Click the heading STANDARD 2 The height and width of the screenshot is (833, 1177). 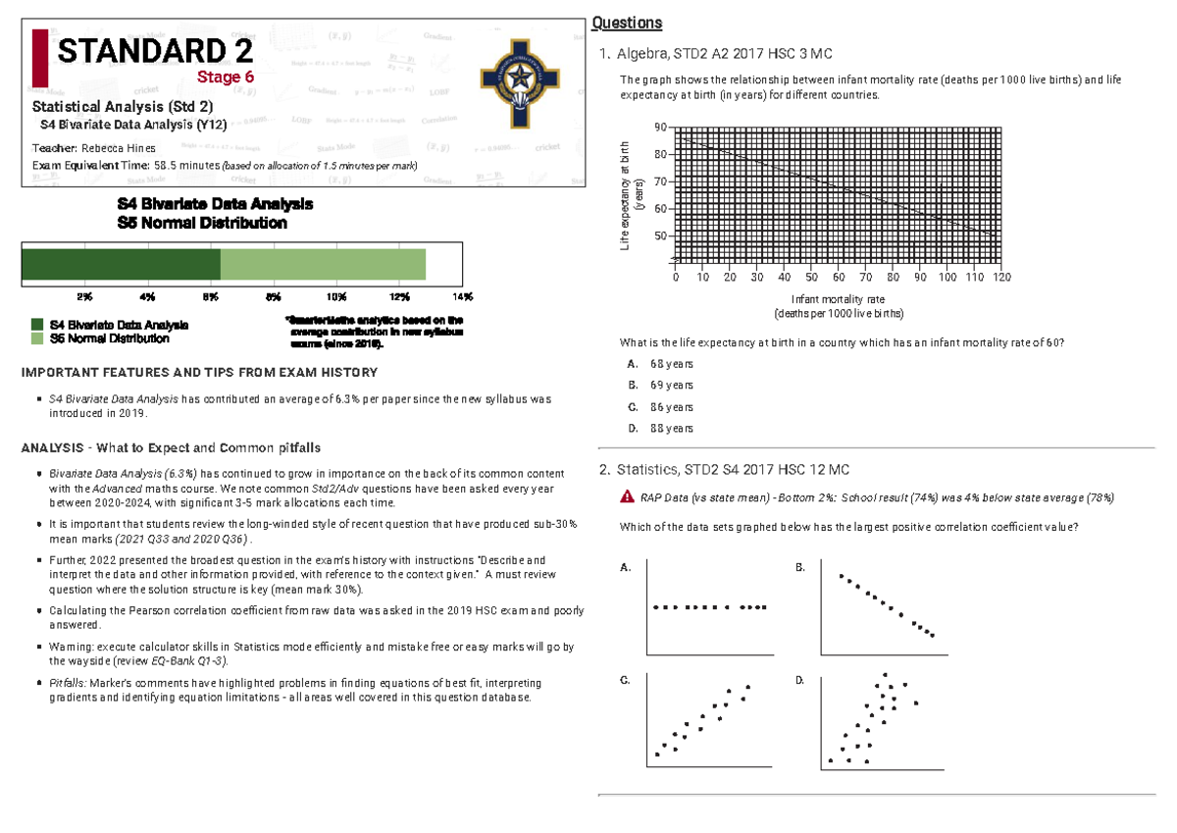coord(155,51)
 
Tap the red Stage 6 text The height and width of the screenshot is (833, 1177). coord(227,78)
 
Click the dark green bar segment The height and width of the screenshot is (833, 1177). coord(121,265)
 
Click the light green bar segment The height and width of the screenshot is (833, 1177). coord(323,265)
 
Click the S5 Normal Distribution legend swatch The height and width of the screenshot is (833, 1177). coord(37,338)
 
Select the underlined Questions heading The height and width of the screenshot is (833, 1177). coord(628,24)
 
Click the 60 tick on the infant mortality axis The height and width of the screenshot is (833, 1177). coord(839,278)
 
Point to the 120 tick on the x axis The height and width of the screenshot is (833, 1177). coord(1001,278)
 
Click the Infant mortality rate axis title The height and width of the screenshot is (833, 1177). coord(838,299)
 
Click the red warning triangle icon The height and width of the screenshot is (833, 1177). coord(626,497)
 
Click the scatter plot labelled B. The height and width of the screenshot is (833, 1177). coord(885,608)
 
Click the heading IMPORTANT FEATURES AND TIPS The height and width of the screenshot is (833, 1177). coord(199,373)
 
